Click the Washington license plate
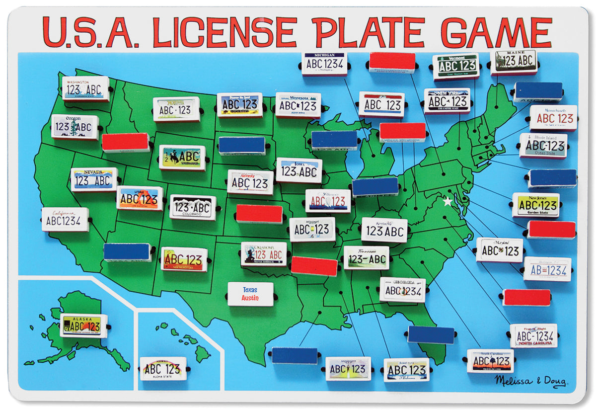pyautogui.click(x=85, y=88)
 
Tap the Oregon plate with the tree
pyautogui.click(x=74, y=127)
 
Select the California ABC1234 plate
pyautogui.click(x=65, y=220)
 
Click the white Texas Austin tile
pyautogui.click(x=250, y=294)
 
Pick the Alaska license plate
pyautogui.click(x=83, y=326)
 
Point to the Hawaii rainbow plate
pyautogui.click(x=162, y=369)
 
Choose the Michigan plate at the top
pyautogui.click(x=324, y=63)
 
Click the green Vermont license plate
pyautogui.click(x=455, y=67)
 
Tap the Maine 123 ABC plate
pyautogui.click(x=514, y=62)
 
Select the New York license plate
pyautogui.click(x=447, y=101)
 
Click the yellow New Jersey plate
pyautogui.click(x=535, y=205)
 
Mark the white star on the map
pyautogui.click(x=448, y=202)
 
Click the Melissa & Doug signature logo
pyautogui.click(x=530, y=380)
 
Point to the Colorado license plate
pyautogui.click(x=193, y=207)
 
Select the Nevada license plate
pyautogui.click(x=94, y=180)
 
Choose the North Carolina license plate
pyautogui.click(x=534, y=335)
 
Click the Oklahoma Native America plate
pyautogui.click(x=264, y=254)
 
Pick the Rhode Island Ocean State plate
pyautogui.click(x=543, y=146)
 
